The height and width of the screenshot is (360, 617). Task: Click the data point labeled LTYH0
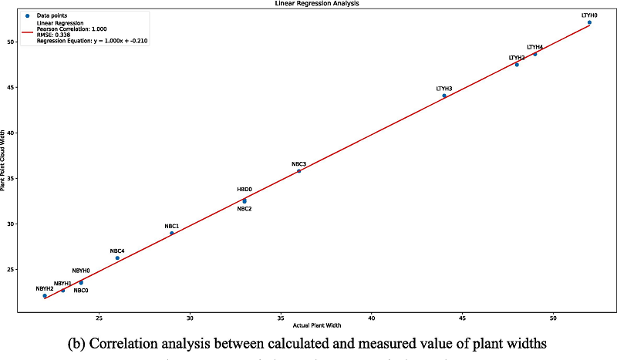[x=589, y=22]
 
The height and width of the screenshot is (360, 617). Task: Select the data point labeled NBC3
[x=298, y=170]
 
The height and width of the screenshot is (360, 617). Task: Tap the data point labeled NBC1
[x=172, y=233]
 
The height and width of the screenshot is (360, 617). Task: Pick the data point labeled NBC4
[x=117, y=257]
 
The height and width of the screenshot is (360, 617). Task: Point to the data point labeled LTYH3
[x=444, y=96]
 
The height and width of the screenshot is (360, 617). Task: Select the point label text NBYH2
[x=45, y=289]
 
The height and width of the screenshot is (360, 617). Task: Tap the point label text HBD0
[x=244, y=190]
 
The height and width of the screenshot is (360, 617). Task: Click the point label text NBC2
[x=244, y=209]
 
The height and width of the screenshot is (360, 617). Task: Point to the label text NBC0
[x=81, y=291]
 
